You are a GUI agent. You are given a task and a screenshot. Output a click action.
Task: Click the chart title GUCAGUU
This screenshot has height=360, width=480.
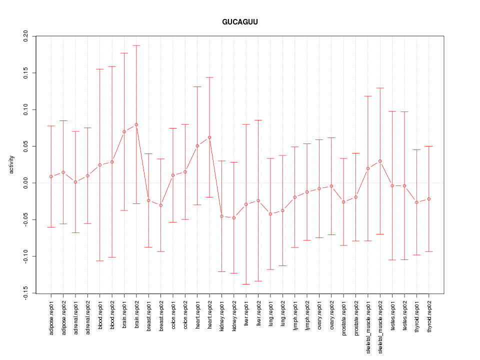pos(240,22)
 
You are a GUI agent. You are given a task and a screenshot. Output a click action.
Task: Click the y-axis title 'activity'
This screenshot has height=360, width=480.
pos(12,164)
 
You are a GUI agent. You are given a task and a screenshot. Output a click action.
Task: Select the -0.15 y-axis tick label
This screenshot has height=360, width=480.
pos(25,293)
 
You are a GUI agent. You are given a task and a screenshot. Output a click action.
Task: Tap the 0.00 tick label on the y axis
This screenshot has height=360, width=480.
pos(25,183)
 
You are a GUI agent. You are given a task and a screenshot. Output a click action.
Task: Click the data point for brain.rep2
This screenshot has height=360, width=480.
pos(136,124)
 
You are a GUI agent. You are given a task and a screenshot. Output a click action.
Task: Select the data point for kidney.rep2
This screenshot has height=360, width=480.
pos(234,218)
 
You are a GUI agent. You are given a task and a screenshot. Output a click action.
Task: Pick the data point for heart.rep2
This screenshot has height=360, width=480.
pos(209,137)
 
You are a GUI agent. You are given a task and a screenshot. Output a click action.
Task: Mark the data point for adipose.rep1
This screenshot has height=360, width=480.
pos(51,176)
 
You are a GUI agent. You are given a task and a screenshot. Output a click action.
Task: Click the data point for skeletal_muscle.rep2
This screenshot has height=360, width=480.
pos(380,161)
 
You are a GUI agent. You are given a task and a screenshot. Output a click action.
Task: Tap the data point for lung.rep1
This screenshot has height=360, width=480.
pos(270,214)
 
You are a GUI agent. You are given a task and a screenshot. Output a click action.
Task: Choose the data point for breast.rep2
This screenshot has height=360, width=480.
pos(161,205)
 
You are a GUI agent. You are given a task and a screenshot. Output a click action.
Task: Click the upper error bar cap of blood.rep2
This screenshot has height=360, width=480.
pos(112,66)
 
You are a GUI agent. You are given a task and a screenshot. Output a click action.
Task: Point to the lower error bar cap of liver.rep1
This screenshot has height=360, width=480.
pos(246,284)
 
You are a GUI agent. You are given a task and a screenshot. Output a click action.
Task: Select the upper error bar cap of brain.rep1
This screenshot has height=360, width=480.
pos(124,53)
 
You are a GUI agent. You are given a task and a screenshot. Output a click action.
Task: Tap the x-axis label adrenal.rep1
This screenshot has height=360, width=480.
pos(75,320)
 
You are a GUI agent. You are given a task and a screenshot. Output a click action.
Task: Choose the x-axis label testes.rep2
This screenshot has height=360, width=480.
pos(404,319)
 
